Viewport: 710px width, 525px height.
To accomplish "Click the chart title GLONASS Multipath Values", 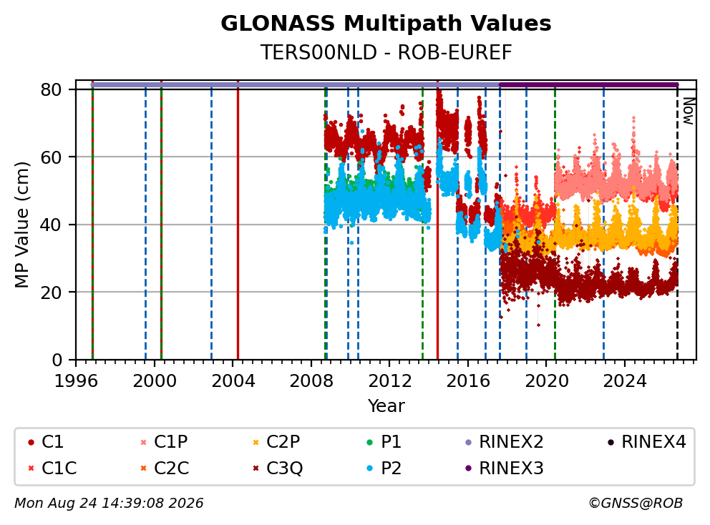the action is point(386,24).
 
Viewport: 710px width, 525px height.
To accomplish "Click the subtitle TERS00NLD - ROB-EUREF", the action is point(386,52).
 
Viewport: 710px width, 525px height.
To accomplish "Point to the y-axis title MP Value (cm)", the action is point(21,225).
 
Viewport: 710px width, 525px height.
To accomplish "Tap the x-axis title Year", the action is point(386,406).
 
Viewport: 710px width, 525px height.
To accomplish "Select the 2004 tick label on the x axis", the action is point(233,381).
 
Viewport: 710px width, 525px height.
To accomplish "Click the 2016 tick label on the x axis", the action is point(468,381).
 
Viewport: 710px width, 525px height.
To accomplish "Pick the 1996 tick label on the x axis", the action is point(76,381).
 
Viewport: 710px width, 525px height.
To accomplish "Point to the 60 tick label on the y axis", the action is point(51,157).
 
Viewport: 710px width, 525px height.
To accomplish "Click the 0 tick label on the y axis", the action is point(57,360).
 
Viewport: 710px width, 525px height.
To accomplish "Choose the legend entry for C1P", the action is point(165,442).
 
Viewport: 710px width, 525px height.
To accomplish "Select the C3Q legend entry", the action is point(278,468).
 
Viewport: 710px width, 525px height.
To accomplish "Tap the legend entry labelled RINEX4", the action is point(646,442).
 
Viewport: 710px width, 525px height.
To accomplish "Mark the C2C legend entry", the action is point(165,468).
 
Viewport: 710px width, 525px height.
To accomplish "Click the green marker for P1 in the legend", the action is point(370,442).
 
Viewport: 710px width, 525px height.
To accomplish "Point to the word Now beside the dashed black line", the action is point(689,112).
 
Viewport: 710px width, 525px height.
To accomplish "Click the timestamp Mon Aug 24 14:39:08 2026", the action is point(109,503).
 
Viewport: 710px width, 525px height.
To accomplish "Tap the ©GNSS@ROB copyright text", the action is point(636,503).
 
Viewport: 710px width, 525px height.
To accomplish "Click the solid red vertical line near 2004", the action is point(238,220).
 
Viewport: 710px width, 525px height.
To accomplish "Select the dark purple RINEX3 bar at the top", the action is point(588,84).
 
